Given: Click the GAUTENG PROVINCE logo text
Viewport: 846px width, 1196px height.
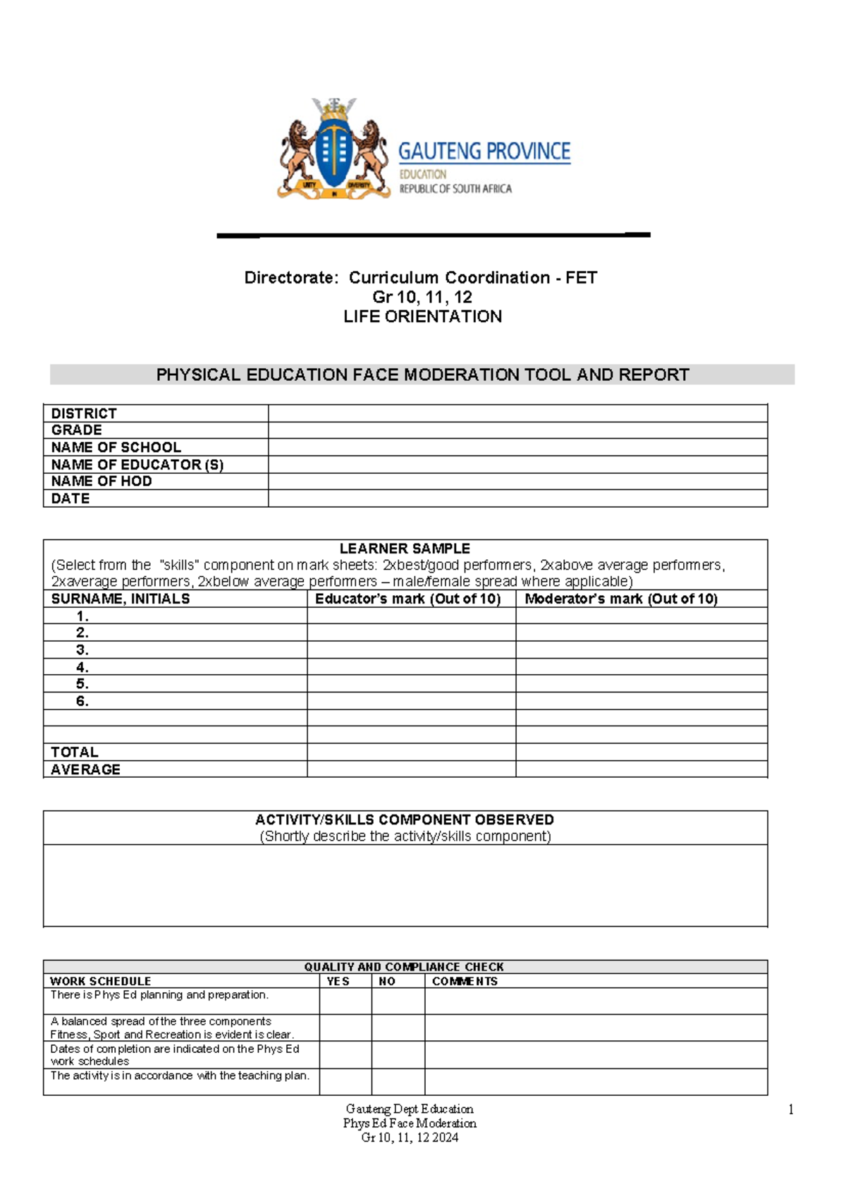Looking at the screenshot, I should click(x=484, y=152).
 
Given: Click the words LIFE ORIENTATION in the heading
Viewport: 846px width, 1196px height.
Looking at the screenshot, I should click(x=422, y=317).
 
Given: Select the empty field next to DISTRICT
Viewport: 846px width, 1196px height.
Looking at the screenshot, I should click(x=517, y=413).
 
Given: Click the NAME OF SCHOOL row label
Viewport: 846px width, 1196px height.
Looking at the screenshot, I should click(x=116, y=447).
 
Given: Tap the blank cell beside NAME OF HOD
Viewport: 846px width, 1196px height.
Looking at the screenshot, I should click(x=517, y=481).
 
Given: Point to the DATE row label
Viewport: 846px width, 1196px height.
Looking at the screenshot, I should click(x=70, y=499).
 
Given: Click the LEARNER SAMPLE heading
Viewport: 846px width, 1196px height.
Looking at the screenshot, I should click(x=405, y=548).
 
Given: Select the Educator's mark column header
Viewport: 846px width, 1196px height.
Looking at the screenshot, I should click(x=407, y=599).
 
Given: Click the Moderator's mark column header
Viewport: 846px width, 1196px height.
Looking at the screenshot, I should click(x=620, y=599).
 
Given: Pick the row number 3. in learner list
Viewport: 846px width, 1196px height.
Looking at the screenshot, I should click(x=82, y=649).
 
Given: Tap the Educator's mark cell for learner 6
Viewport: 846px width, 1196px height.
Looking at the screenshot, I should click(x=411, y=701).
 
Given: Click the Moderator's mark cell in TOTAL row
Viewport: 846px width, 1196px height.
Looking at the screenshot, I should click(x=641, y=752).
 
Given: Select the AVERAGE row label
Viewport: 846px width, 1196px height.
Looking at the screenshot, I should click(x=85, y=769).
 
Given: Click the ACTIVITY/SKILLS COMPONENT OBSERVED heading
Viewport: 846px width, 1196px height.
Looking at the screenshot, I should click(x=405, y=819).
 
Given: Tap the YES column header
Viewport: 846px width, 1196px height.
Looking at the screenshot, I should click(x=338, y=981).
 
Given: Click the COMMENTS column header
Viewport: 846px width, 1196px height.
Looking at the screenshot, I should click(x=465, y=981).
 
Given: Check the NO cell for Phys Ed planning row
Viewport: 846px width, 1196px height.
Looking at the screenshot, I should click(x=398, y=1001).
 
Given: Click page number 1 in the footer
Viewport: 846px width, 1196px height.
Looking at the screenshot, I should click(x=791, y=1110).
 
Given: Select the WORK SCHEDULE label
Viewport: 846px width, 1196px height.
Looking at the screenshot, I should click(x=101, y=981).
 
